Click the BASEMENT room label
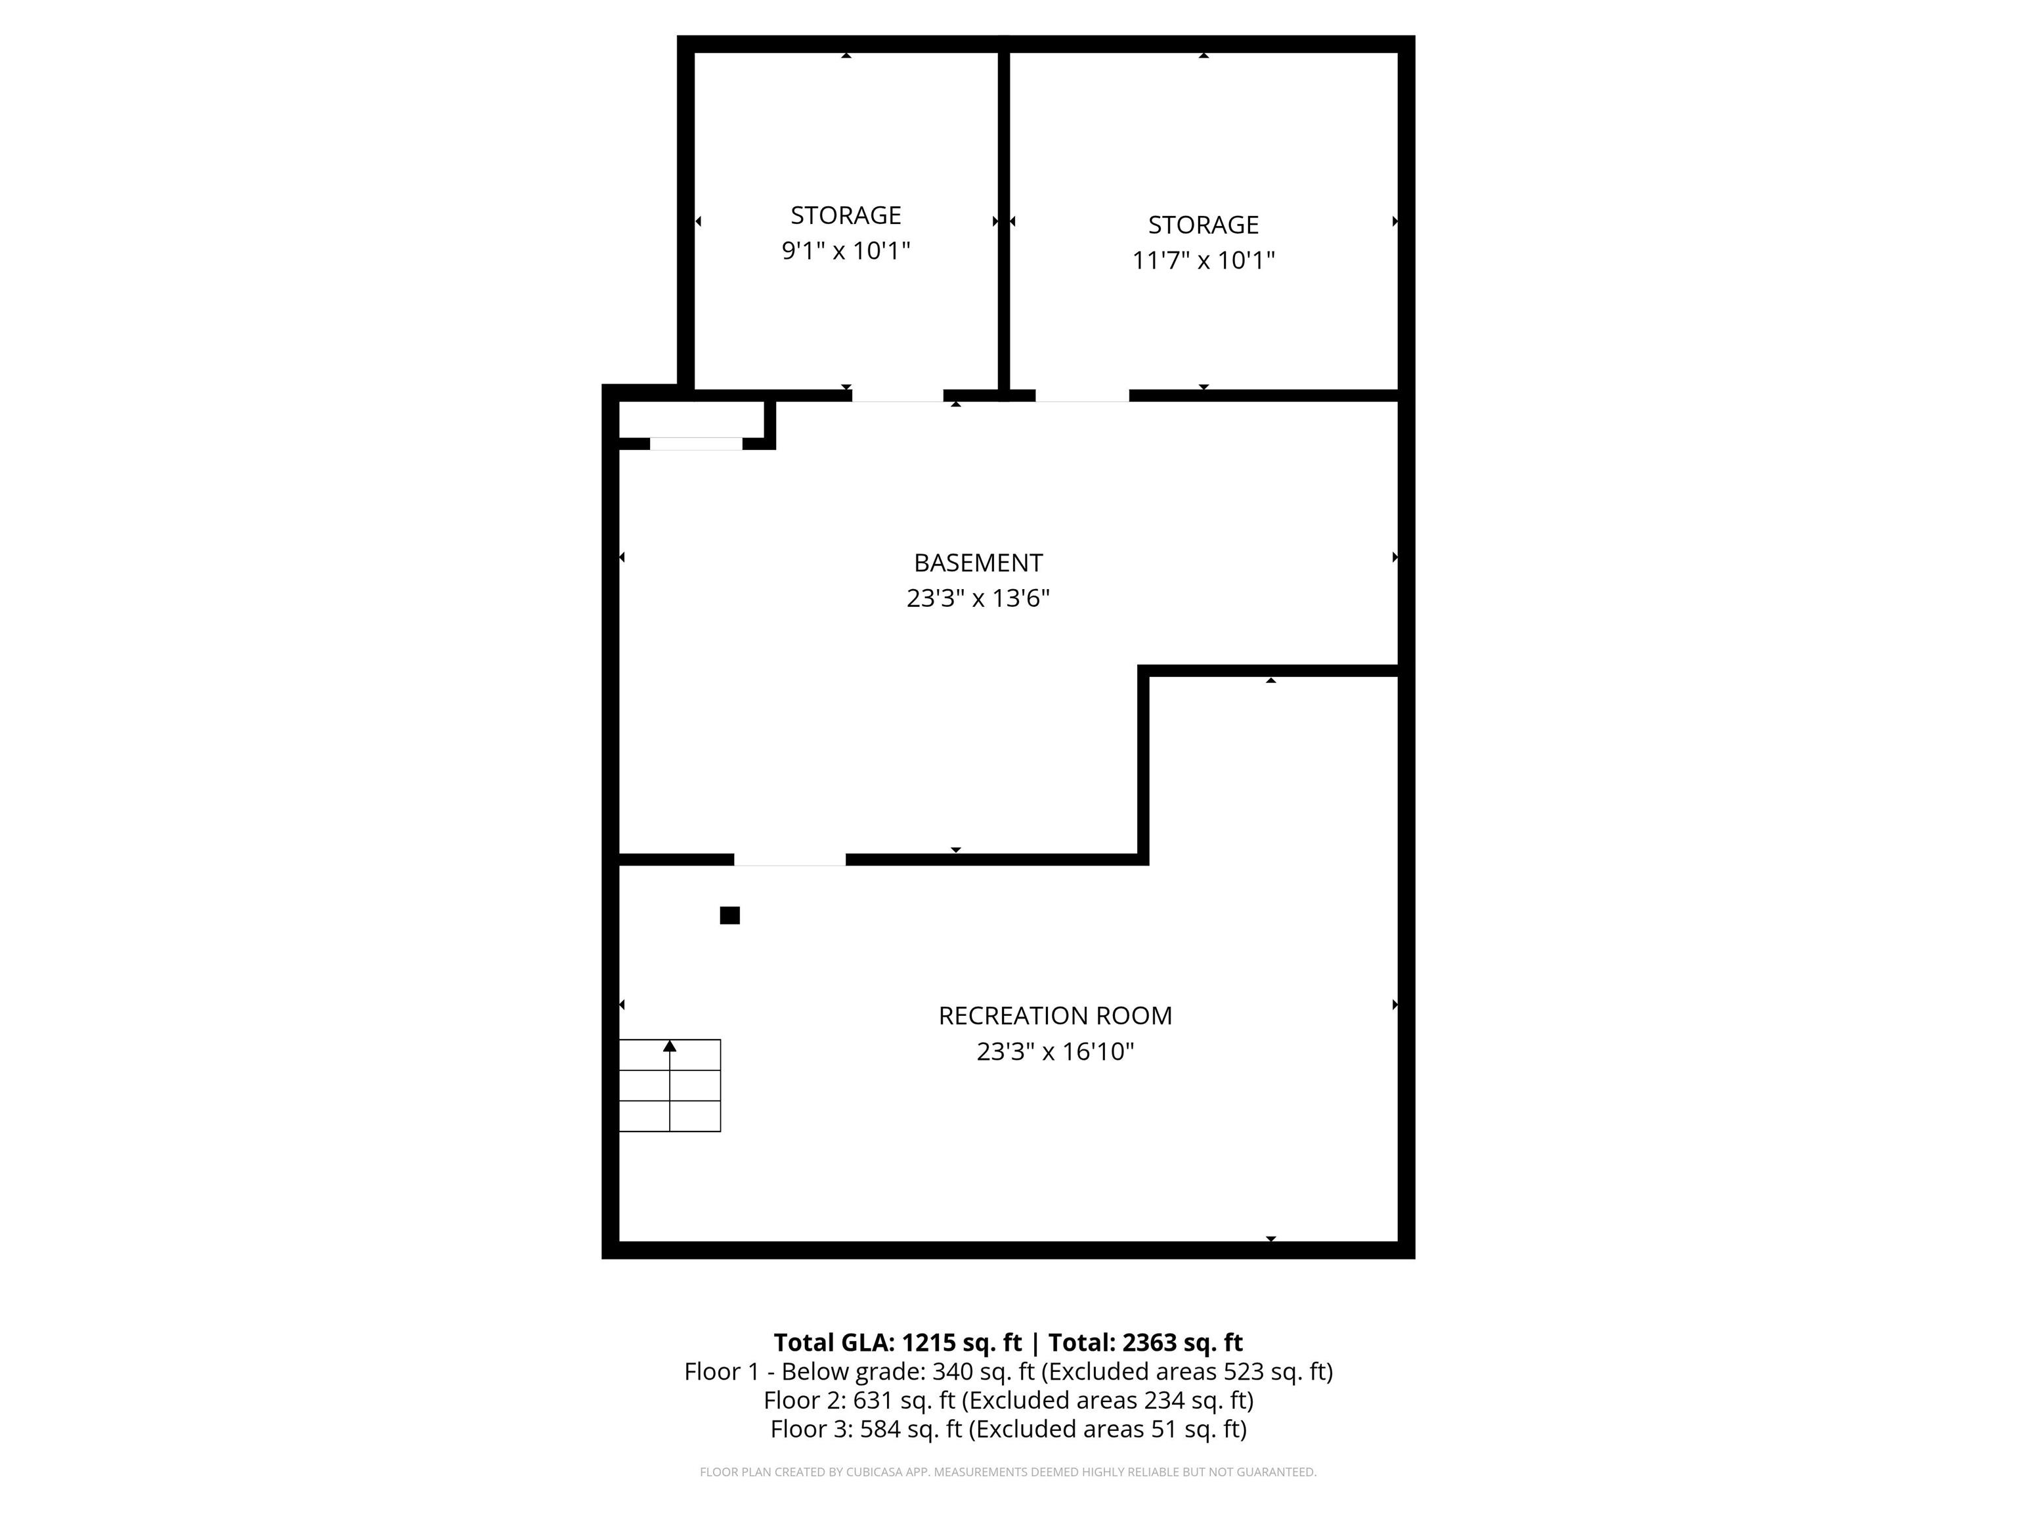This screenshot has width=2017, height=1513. pyautogui.click(x=978, y=563)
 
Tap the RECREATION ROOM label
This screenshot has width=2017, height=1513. pyautogui.click(x=1055, y=1016)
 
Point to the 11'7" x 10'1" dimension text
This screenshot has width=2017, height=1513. pyautogui.click(x=1203, y=260)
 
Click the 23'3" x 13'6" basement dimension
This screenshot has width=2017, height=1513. pyautogui.click(x=978, y=598)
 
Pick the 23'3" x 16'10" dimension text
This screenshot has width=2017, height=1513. pyautogui.click(x=1055, y=1051)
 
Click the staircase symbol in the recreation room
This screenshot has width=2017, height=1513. pyautogui.click(x=670, y=1085)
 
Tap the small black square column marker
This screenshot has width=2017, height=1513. pyautogui.click(x=729, y=915)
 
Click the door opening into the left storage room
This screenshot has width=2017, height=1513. pyautogui.click(x=898, y=396)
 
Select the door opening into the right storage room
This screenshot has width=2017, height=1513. pyautogui.click(x=1082, y=396)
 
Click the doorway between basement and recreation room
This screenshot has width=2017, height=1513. pyautogui.click(x=790, y=859)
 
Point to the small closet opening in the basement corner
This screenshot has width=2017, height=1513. pyautogui.click(x=696, y=444)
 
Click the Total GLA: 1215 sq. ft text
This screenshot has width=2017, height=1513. pyautogui.click(x=898, y=1342)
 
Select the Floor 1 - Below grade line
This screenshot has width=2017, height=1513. pyautogui.click(x=1008, y=1372)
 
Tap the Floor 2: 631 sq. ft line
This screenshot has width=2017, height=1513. pyautogui.click(x=1008, y=1400)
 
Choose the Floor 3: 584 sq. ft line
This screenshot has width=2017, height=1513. pyautogui.click(x=1008, y=1428)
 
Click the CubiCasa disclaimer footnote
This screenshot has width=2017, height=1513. pyautogui.click(x=1008, y=1472)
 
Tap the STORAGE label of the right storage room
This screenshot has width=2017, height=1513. pyautogui.click(x=1203, y=225)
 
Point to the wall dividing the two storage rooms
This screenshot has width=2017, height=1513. pyautogui.click(x=1004, y=219)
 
